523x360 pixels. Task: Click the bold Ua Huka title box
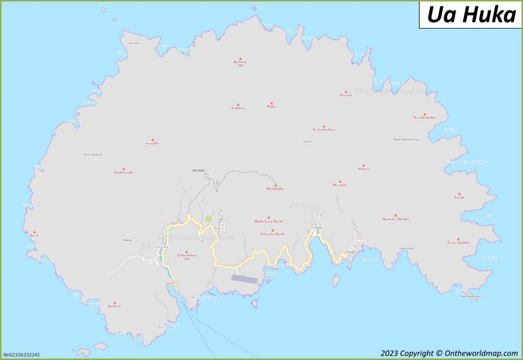tap(471, 14)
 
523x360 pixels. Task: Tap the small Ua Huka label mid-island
tap(198, 171)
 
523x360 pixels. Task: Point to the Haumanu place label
tap(133, 42)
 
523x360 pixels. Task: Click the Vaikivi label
tap(308, 141)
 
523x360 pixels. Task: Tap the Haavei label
tap(127, 240)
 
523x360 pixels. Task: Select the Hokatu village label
tap(351, 251)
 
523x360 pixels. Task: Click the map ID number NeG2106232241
tap(22, 355)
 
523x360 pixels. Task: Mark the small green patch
tap(208, 219)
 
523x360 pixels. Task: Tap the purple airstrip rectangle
tap(245, 278)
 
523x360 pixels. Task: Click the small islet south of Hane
tap(335, 280)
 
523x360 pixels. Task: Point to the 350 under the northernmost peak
tap(240, 66)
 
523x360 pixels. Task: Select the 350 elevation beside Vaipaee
tap(186, 259)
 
